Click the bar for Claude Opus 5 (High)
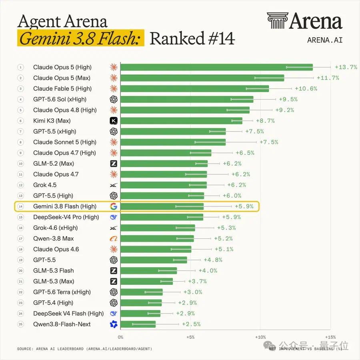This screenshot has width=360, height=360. point(216,67)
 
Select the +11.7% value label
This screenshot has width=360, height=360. point(328,78)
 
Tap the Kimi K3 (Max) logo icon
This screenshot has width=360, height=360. point(114,121)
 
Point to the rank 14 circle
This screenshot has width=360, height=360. point(21,206)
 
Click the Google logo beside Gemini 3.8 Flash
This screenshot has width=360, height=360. point(114,206)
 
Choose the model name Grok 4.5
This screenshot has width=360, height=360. point(45,185)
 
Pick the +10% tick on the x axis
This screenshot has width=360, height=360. point(260,337)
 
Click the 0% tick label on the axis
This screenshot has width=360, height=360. point(120,337)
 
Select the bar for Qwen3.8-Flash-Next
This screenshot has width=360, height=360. point(138,324)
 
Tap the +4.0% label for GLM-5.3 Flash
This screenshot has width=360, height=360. point(208,271)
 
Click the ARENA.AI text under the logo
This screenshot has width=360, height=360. point(325,40)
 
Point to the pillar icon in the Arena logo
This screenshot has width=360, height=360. point(277,20)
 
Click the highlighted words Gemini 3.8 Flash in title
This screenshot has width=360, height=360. point(80,38)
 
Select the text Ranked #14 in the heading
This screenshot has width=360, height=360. point(192,38)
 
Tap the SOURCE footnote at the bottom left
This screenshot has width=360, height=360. point(84,349)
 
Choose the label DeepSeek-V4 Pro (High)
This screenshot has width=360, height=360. point(66,217)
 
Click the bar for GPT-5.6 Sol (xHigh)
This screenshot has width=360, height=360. point(187,100)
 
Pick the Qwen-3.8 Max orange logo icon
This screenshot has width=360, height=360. point(114,238)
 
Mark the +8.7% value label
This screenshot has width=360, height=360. point(266,121)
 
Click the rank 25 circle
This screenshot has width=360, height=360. point(21,324)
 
